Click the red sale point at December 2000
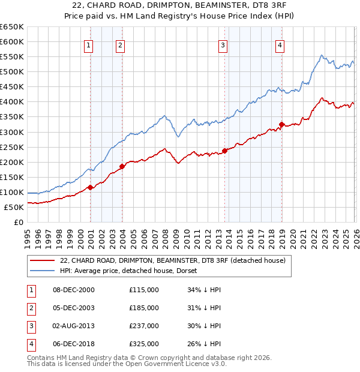[90, 187]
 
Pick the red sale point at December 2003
[122, 166]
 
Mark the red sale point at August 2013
[224, 151]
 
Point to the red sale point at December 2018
[281, 124]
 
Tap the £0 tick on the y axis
[19, 222]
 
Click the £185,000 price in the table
[144, 308]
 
